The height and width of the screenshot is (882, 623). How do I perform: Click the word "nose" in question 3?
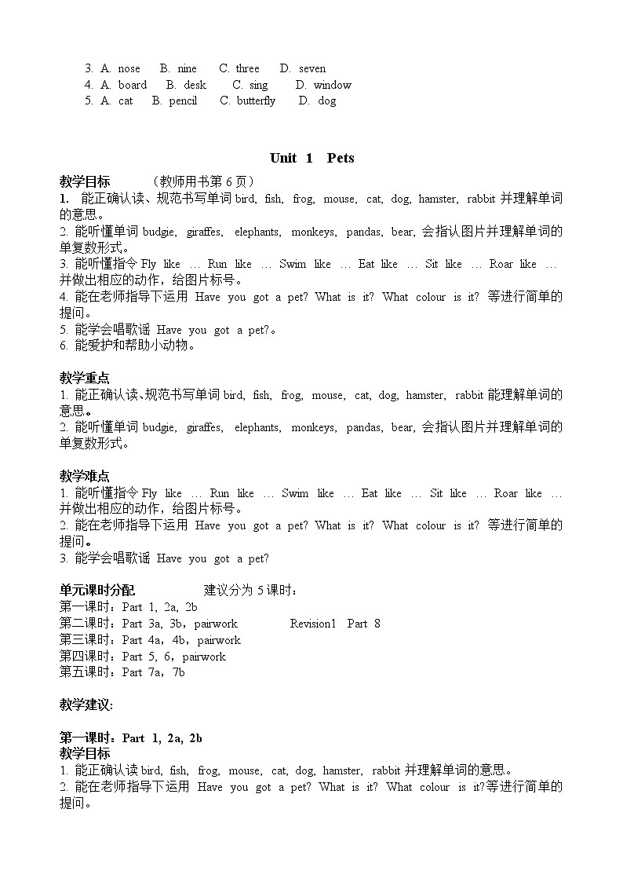click(x=129, y=68)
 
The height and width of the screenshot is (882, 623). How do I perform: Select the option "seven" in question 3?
click(x=311, y=68)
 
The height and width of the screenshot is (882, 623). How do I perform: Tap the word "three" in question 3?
click(x=247, y=68)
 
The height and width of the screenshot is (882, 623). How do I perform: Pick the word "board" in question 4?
click(x=133, y=85)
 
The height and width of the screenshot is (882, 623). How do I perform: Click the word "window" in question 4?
click(x=333, y=85)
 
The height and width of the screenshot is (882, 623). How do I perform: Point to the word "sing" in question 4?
click(x=258, y=85)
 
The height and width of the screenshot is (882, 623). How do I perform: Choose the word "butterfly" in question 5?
click(x=257, y=101)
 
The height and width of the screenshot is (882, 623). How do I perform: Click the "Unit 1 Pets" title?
click(x=311, y=158)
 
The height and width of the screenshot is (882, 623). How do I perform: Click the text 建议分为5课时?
click(x=251, y=591)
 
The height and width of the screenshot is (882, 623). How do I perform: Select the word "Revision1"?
click(x=312, y=624)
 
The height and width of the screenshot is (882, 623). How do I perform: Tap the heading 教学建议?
click(x=86, y=705)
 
